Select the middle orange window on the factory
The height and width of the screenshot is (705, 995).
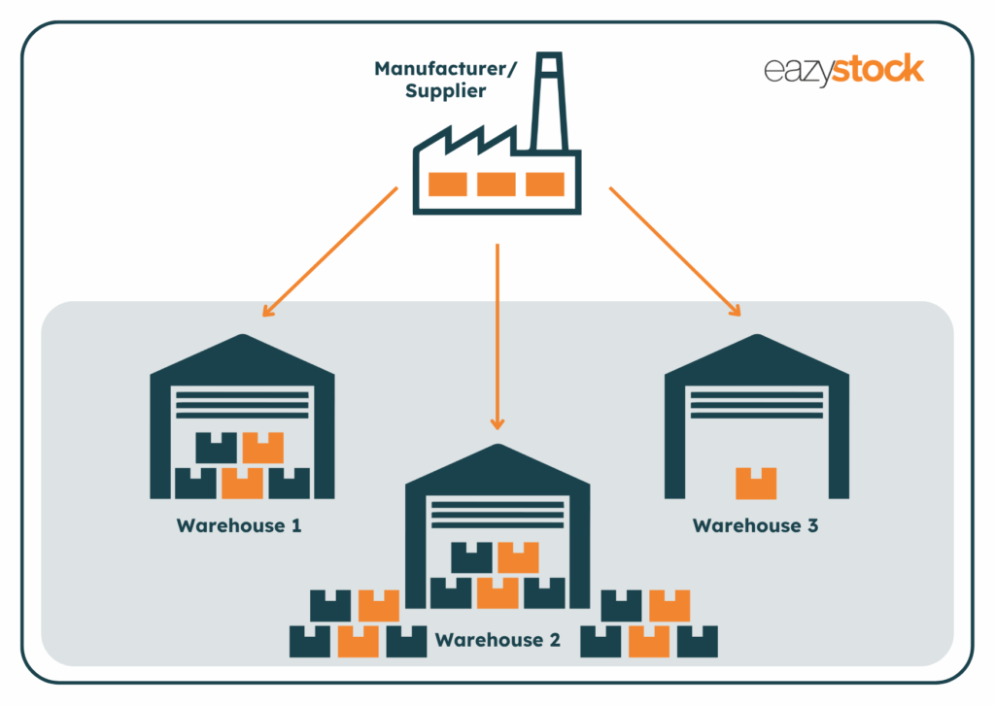click(497, 184)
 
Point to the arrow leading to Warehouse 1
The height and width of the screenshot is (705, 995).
click(330, 252)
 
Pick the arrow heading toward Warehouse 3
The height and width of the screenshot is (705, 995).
click(675, 252)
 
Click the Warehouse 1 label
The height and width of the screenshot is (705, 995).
click(239, 526)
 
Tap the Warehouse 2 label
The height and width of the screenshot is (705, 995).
click(497, 640)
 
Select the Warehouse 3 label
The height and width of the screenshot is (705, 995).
click(756, 526)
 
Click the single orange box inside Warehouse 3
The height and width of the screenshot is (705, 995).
click(756, 483)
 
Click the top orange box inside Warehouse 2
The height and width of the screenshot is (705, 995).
click(518, 557)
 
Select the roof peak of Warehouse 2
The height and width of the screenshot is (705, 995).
click(497, 449)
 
